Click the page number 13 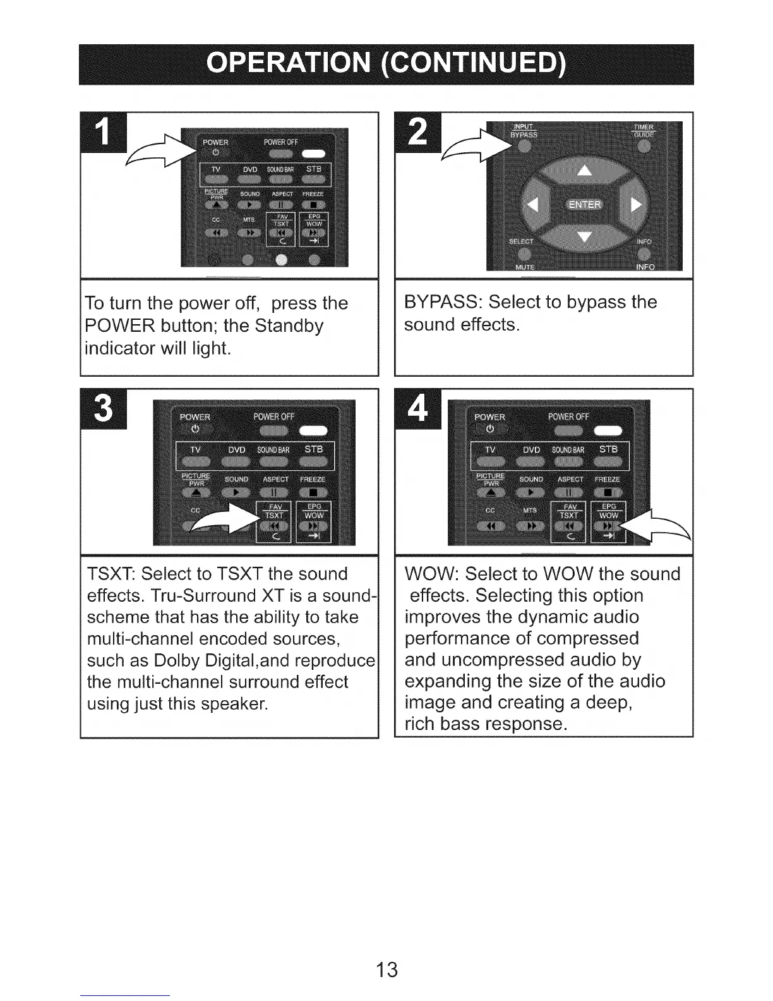pyautogui.click(x=386, y=969)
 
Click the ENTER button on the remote pyautogui.click(x=585, y=204)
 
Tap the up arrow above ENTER pyautogui.click(x=585, y=169)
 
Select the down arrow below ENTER pyautogui.click(x=585, y=237)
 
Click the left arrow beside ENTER pyautogui.click(x=532, y=204)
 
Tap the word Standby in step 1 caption pyautogui.click(x=289, y=326)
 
